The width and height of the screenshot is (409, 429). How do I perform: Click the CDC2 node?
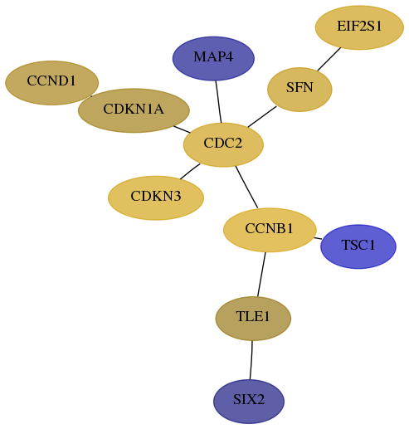[x=223, y=144]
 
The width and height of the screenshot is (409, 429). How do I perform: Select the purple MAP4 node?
[x=213, y=58]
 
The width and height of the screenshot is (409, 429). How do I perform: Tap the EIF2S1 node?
[x=359, y=27]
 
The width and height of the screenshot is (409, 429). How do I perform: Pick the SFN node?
[x=299, y=90]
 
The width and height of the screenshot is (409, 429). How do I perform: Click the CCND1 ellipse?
[x=51, y=83]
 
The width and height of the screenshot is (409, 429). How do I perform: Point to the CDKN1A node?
[x=134, y=110]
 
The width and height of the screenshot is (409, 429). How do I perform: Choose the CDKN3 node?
[x=156, y=197]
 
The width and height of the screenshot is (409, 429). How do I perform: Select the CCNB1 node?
[x=270, y=230]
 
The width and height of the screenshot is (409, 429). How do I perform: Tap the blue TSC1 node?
[x=358, y=246]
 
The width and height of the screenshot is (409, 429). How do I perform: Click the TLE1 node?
[x=253, y=319]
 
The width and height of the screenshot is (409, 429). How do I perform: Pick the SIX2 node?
[x=249, y=402]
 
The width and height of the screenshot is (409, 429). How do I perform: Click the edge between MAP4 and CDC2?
[x=218, y=102]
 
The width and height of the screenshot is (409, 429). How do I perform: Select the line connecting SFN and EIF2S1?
[x=329, y=59]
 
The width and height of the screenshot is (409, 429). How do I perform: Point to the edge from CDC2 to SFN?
[x=262, y=117]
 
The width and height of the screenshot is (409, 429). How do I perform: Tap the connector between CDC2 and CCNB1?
[x=246, y=187]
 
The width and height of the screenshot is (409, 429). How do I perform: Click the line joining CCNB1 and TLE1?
[x=261, y=275]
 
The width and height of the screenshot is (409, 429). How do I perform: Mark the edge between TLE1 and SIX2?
[x=251, y=360]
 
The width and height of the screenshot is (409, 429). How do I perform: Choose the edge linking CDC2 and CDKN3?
[x=190, y=171]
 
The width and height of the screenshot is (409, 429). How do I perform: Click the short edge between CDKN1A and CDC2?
[x=182, y=129]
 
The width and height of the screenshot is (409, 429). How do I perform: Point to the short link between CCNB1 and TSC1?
[x=318, y=238]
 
